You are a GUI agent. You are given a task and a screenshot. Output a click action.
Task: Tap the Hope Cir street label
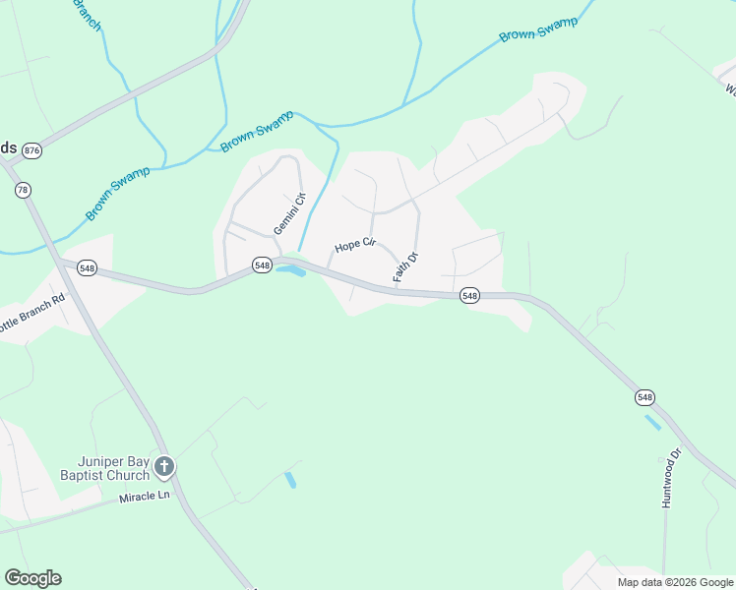(x=355, y=245)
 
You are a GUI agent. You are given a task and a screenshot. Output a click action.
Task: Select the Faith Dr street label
(x=406, y=267)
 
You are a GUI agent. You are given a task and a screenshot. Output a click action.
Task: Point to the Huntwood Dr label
(x=672, y=478)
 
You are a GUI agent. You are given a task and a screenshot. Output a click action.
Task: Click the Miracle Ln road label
(x=145, y=498)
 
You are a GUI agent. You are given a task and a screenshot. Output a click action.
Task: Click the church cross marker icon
(x=164, y=466)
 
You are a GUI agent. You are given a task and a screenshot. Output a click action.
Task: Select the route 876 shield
(x=33, y=150)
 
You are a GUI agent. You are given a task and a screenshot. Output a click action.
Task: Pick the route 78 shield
(x=23, y=190)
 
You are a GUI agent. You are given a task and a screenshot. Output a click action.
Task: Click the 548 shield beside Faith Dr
(x=469, y=295)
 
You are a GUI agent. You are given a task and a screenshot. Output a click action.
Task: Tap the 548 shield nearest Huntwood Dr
(x=644, y=397)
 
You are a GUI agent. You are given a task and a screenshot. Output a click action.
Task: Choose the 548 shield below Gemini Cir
(x=262, y=265)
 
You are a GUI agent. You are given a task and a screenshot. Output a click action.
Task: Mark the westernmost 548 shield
(x=88, y=267)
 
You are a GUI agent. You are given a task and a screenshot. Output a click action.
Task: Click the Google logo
(x=32, y=578)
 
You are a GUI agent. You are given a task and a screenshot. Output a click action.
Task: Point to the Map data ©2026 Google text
(x=674, y=582)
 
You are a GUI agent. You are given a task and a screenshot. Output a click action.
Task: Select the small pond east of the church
(x=290, y=480)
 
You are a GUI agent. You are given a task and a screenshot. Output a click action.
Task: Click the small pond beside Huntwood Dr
(x=652, y=422)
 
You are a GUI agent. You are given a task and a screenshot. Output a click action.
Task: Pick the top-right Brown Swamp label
(x=538, y=29)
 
